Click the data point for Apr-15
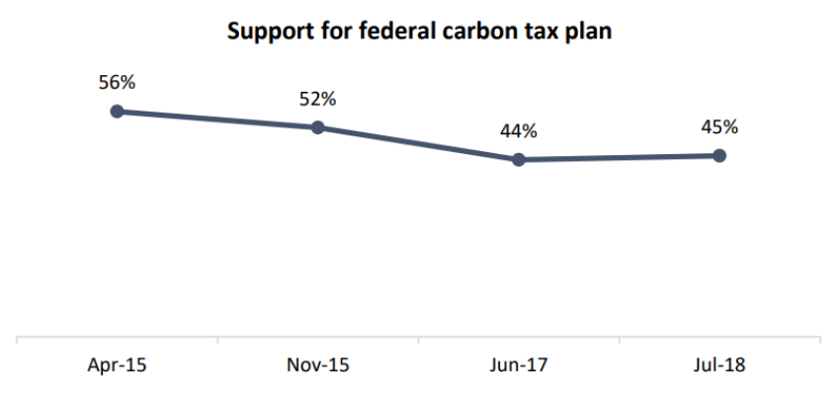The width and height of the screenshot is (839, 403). click(117, 112)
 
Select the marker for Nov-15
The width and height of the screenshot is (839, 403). click(317, 127)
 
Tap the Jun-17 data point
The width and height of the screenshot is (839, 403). click(519, 159)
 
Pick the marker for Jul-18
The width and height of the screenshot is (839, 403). click(719, 155)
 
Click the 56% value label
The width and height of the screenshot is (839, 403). click(117, 82)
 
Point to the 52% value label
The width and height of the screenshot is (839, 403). click(317, 99)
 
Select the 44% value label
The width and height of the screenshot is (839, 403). click(519, 130)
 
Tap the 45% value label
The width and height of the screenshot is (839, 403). click(719, 126)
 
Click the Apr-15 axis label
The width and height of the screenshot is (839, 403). click(117, 366)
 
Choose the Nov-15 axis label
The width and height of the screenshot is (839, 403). click(317, 366)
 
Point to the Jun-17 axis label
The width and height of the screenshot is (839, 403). click(519, 366)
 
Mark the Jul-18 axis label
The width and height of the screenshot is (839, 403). click(719, 366)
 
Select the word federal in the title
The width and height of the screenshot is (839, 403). click(381, 31)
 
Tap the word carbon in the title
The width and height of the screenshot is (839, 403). click(472, 31)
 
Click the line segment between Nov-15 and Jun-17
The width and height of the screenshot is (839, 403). click(418, 143)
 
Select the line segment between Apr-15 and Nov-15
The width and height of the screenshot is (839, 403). click(217, 120)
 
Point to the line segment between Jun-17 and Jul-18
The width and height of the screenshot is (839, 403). click(620, 157)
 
